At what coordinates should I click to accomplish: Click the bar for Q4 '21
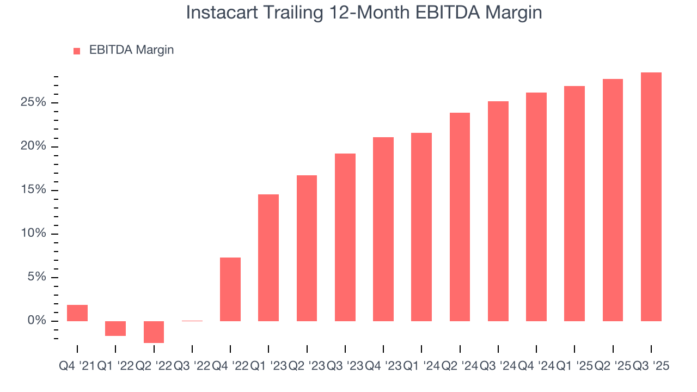[77, 313]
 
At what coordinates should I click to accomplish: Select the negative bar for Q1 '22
[115, 328]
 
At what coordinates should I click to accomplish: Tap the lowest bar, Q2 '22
[154, 332]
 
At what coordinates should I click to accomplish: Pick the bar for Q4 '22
[230, 289]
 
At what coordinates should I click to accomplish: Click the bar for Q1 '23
[268, 258]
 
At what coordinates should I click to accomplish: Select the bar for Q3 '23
[345, 237]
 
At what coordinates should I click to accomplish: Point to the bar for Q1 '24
[421, 227]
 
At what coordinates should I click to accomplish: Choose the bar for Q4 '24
[536, 207]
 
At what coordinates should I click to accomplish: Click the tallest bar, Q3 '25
[651, 197]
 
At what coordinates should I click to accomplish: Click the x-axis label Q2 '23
[307, 366]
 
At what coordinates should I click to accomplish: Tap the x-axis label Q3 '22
[192, 366]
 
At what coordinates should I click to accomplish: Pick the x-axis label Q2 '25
[613, 366]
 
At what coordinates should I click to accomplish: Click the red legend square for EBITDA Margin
[77, 51]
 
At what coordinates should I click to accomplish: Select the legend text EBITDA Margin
[131, 50]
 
